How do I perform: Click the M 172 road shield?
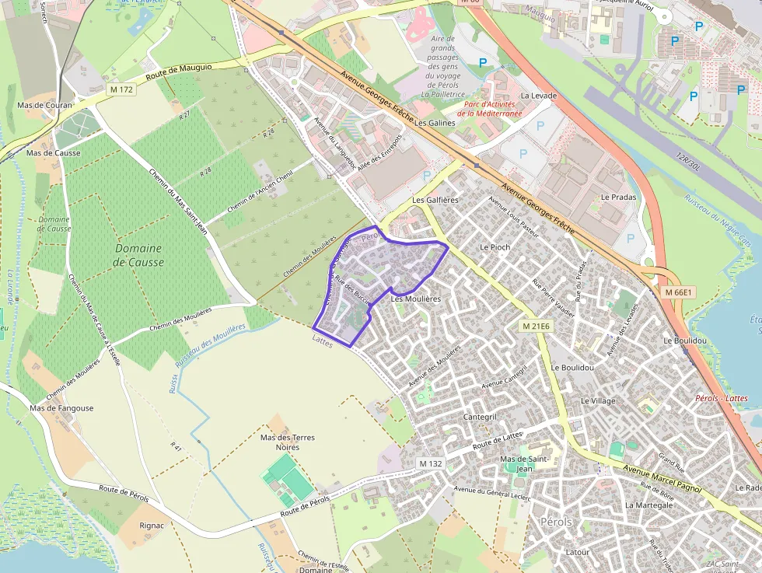(122, 89)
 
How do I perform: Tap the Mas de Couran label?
(44, 105)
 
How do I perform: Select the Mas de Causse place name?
(54, 153)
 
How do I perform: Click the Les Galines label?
(435, 123)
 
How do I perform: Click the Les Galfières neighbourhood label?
(435, 200)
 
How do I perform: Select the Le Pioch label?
(495, 247)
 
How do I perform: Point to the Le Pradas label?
(618, 197)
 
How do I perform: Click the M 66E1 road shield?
(678, 292)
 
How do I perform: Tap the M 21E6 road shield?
(537, 326)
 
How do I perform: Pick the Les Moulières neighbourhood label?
(416, 299)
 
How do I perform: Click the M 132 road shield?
(430, 463)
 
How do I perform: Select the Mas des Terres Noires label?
(288, 442)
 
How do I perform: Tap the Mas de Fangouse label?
(61, 408)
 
